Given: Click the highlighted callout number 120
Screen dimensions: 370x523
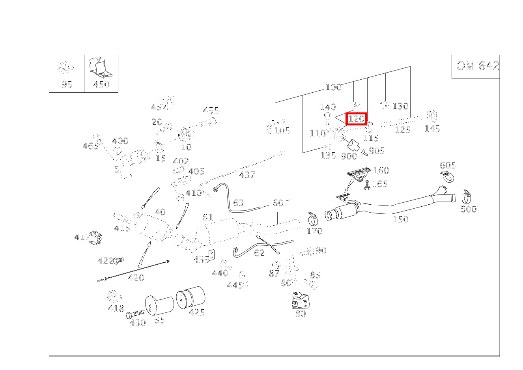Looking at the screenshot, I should (356, 119).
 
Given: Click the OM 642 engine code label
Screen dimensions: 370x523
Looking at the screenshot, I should (477, 65).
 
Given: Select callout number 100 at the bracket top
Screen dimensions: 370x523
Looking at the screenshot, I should (333, 87).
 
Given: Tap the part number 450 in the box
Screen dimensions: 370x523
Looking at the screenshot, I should (101, 84).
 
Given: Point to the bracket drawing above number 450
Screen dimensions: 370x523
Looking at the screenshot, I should (100, 68).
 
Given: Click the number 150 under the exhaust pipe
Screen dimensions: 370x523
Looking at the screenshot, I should (400, 219).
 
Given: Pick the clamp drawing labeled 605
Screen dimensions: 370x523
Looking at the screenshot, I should (447, 176).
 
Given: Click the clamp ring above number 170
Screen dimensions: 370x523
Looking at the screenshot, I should (313, 218).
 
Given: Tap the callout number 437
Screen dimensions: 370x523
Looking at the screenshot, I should (247, 175).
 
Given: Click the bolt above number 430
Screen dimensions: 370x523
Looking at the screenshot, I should (135, 314).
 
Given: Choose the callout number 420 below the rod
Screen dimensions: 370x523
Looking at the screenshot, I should (136, 278).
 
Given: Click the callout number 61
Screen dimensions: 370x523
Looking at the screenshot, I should (207, 217).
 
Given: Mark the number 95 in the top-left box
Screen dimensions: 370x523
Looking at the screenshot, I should (67, 84).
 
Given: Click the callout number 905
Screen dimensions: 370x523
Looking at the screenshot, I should (377, 151).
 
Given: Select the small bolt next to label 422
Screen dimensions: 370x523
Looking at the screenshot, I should (119, 260).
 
